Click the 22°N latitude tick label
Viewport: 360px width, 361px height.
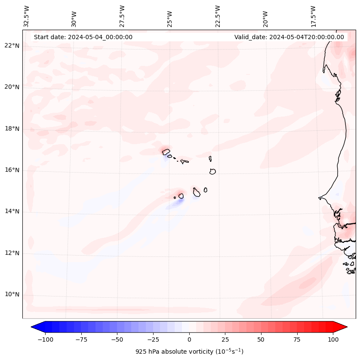coord(12,46)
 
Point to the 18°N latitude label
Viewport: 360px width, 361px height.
coord(12,129)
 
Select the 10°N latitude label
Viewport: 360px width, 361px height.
coord(12,295)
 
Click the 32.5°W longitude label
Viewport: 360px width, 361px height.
coord(27,16)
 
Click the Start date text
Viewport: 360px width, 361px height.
coord(83,37)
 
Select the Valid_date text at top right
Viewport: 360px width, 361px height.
coord(289,37)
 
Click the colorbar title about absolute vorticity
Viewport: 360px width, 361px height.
coord(189,352)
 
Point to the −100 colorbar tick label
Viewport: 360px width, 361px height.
coord(45,339)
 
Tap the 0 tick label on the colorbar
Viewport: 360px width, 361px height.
coord(189,339)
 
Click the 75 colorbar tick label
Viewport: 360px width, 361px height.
coord(297,339)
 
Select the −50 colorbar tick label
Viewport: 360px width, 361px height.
coord(117,339)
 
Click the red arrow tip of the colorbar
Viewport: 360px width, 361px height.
coord(344,327)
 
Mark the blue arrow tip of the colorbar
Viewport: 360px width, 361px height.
coord(34,327)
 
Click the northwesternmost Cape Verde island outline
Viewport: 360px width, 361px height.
coord(166,151)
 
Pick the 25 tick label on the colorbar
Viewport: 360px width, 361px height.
coord(225,339)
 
